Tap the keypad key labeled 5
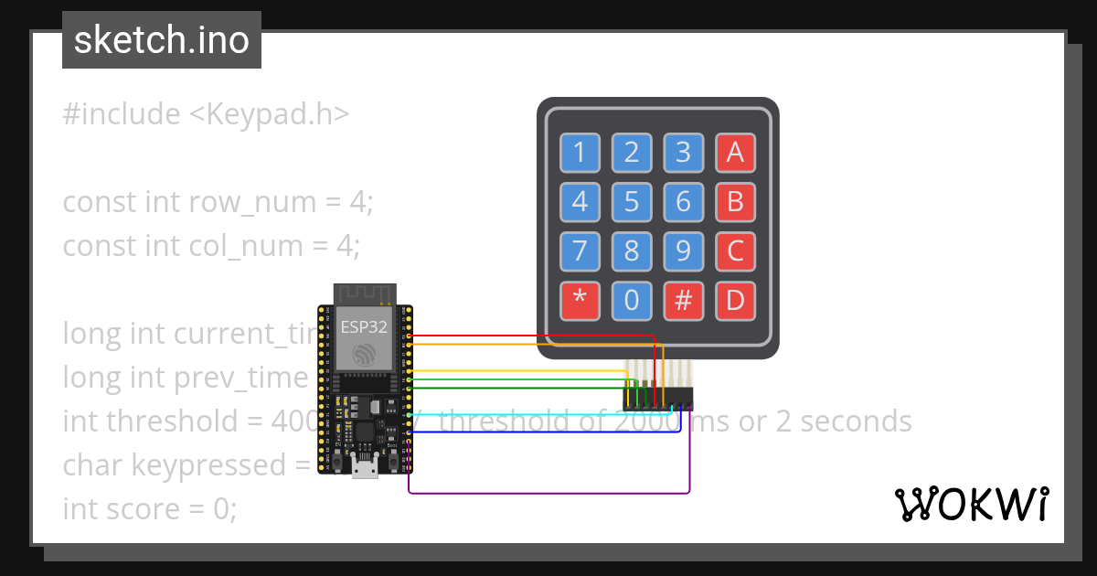[x=631, y=201]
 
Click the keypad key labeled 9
[x=683, y=251]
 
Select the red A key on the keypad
[x=735, y=153]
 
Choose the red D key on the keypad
[x=735, y=300]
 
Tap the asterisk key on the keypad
[x=579, y=300]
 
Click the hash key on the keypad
[x=683, y=300]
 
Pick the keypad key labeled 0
[x=631, y=300]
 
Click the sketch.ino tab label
[x=162, y=40]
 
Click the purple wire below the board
[x=548, y=494]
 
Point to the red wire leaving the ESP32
[x=530, y=336]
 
